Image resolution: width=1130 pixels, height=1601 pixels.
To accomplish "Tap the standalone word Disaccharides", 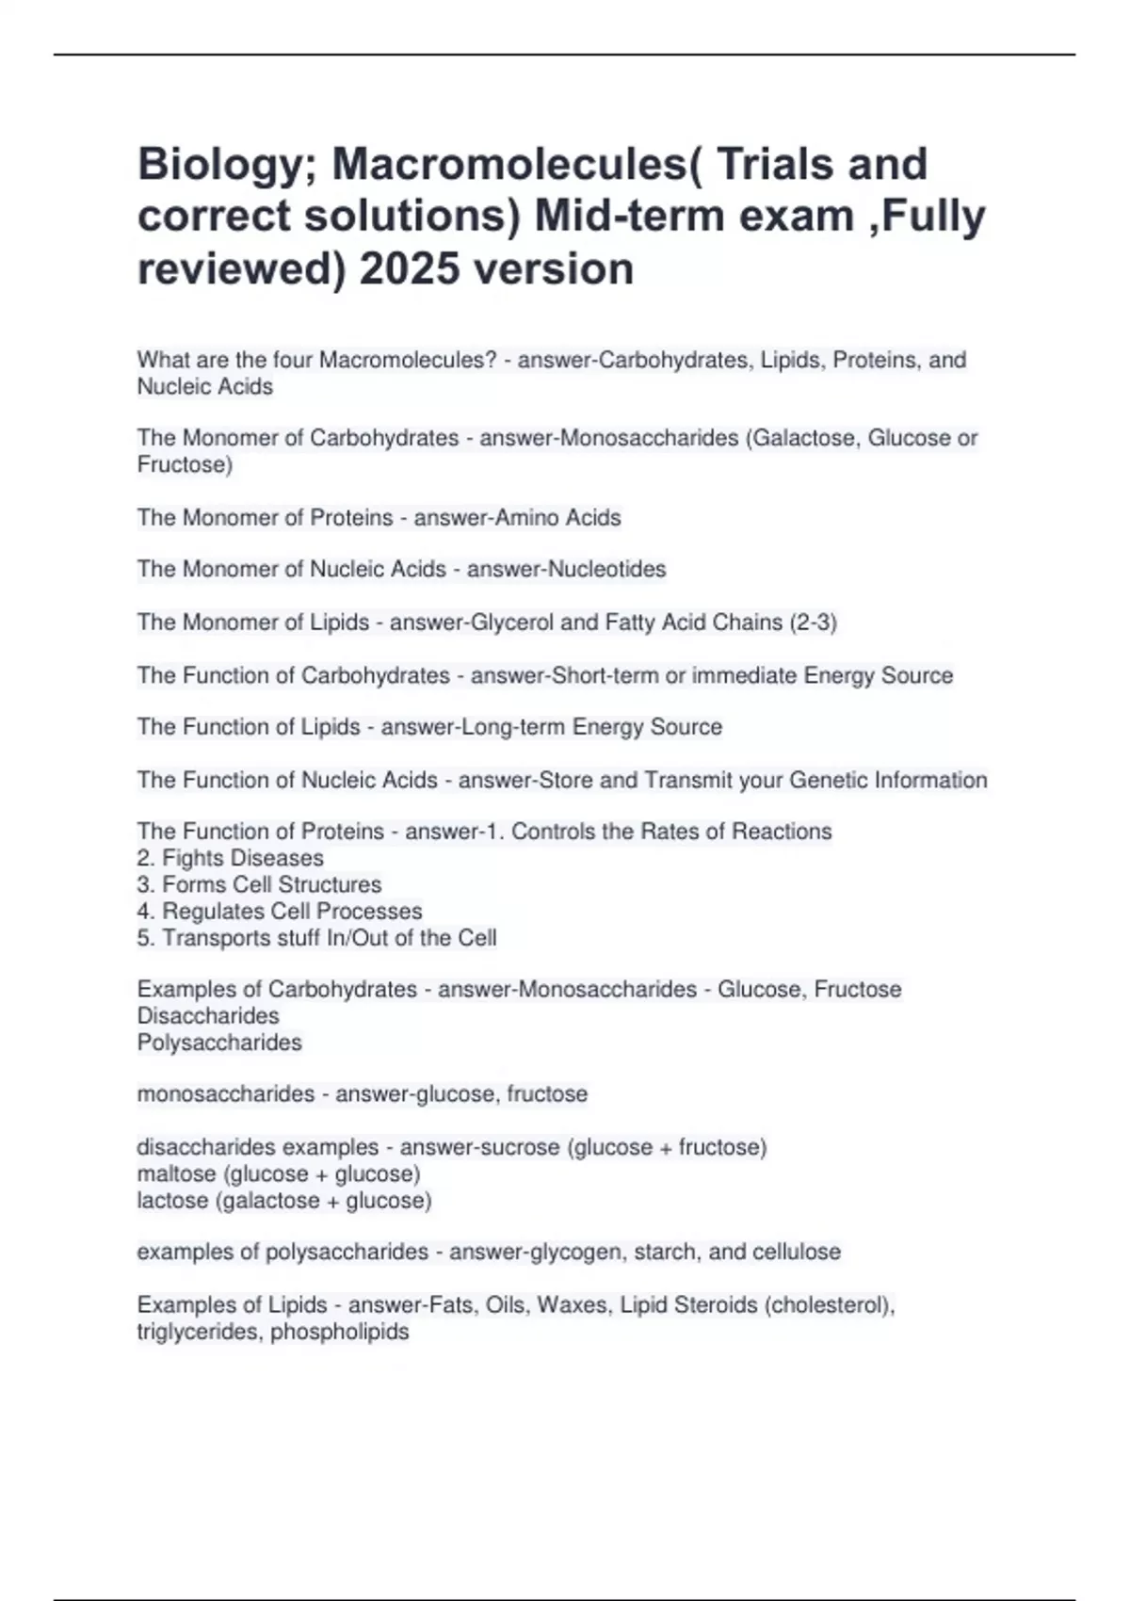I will pyautogui.click(x=208, y=1016).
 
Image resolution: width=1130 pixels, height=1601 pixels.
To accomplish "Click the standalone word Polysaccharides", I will pyautogui.click(x=219, y=1043).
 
